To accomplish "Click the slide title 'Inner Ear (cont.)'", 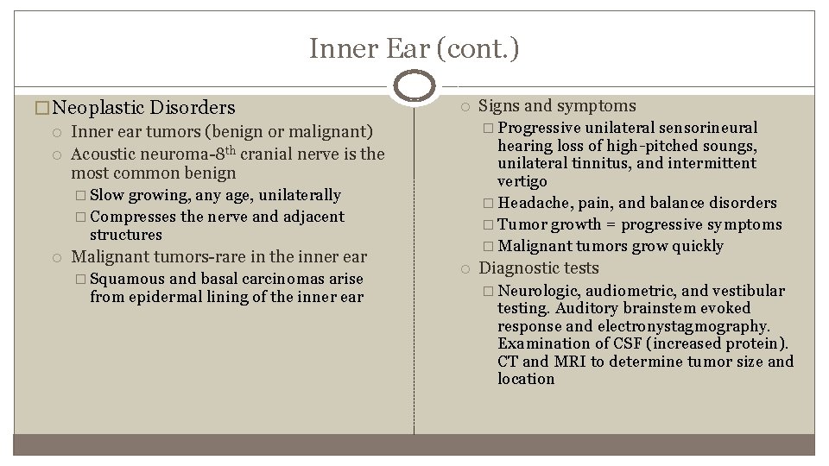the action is click(x=414, y=49).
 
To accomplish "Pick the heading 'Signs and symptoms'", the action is click(x=557, y=106).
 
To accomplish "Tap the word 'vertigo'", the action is click(x=522, y=181).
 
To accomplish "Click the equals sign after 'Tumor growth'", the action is click(x=610, y=224).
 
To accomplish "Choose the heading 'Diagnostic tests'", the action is click(x=538, y=268).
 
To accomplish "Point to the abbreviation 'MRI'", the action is click(x=573, y=362).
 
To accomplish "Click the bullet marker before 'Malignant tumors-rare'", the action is click(x=56, y=257).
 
